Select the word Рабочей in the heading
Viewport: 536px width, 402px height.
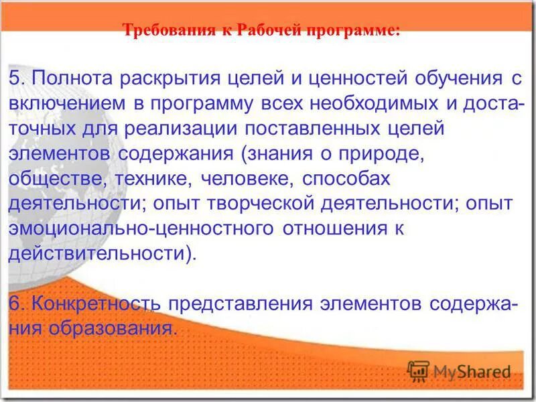(265, 31)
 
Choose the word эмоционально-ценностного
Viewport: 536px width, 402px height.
(141, 228)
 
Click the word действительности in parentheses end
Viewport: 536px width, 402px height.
(99, 254)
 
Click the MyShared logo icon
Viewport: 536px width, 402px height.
(418, 371)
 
